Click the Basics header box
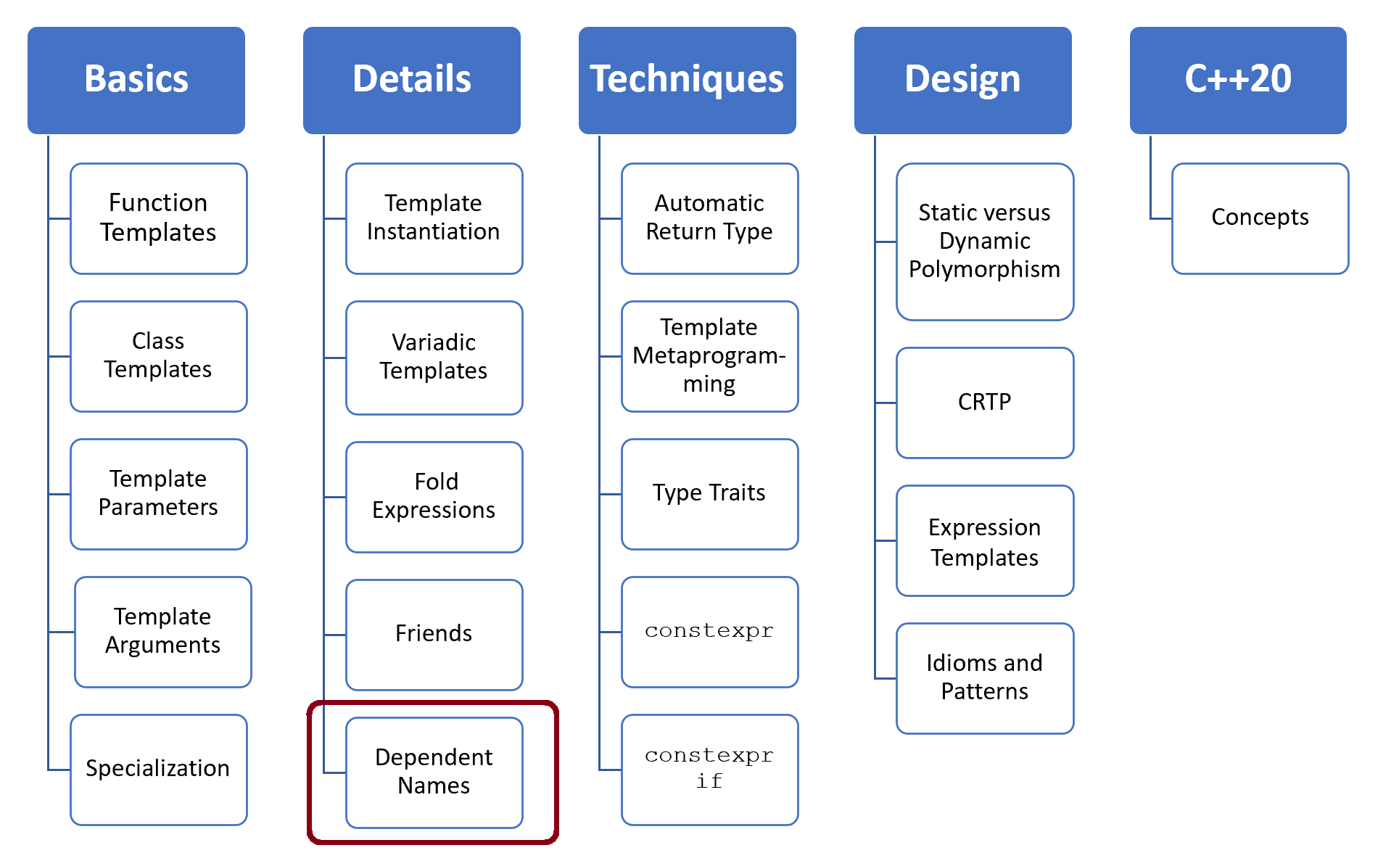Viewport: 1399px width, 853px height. click(136, 80)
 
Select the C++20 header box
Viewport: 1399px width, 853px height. click(1238, 80)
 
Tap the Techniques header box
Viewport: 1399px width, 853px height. click(687, 80)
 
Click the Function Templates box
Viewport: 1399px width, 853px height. click(158, 218)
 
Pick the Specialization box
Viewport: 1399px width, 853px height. click(158, 769)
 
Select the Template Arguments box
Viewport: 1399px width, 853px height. click(162, 631)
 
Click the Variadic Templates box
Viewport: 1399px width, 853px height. click(434, 357)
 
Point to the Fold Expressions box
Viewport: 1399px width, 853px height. click(434, 496)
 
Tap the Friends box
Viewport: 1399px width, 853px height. click(434, 634)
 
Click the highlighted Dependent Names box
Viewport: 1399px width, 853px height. click(434, 772)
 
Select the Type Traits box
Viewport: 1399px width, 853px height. click(709, 493)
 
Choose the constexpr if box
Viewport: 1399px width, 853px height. click(709, 769)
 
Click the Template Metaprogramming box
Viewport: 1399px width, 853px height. click(709, 355)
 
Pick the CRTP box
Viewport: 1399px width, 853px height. click(984, 402)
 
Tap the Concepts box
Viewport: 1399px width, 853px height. click(1260, 218)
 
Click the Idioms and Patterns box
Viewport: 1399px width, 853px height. click(984, 677)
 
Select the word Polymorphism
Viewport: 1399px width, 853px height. click(984, 270)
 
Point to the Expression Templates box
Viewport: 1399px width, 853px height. click(984, 541)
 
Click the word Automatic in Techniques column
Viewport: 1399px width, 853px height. click(709, 203)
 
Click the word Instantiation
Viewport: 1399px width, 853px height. click(433, 231)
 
